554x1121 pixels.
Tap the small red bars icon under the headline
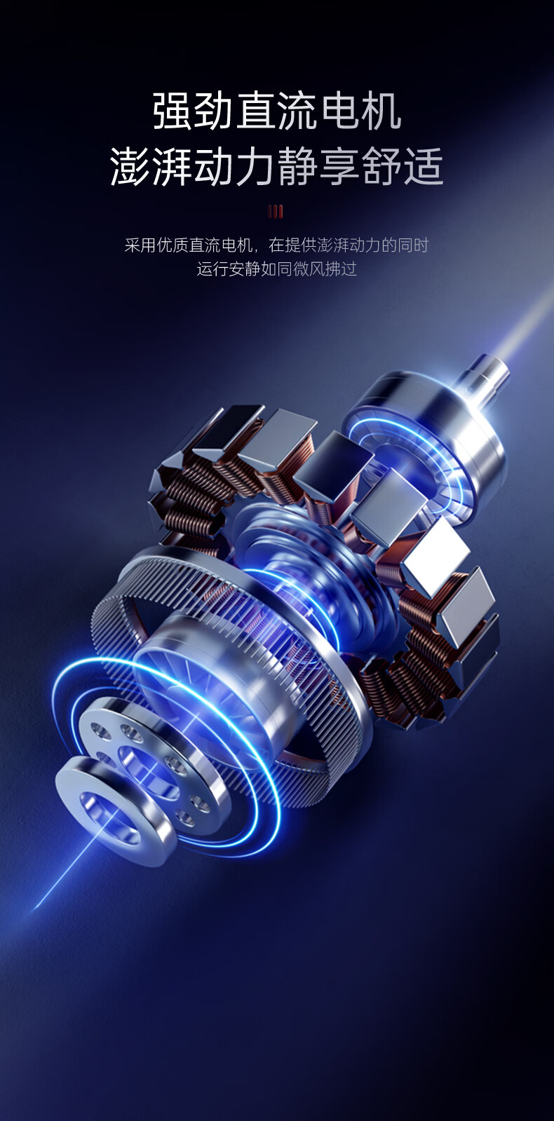tap(276, 212)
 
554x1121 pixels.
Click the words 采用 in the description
tap(140, 245)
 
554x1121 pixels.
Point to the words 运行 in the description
tap(212, 269)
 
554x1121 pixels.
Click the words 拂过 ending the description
tap(342, 269)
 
